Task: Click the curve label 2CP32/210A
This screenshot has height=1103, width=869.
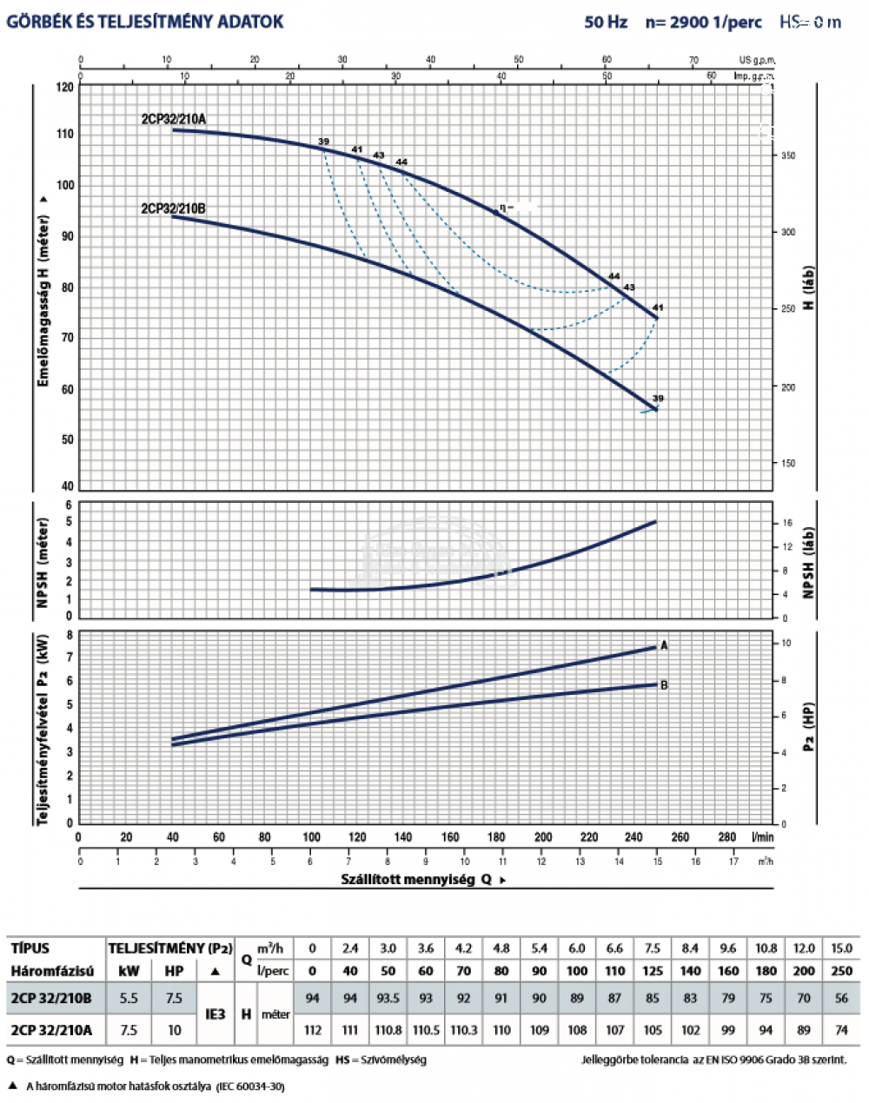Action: (x=174, y=119)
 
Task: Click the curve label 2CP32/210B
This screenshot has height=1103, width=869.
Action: (x=173, y=208)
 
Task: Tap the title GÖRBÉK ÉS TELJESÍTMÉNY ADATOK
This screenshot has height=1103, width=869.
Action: (x=145, y=22)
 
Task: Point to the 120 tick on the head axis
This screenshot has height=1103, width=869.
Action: (x=65, y=87)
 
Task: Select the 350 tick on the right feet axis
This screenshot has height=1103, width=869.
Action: (x=787, y=155)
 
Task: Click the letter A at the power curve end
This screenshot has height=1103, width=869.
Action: (x=665, y=645)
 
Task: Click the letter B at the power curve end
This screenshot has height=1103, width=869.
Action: (x=665, y=685)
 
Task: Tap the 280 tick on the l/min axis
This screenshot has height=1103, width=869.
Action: (x=727, y=837)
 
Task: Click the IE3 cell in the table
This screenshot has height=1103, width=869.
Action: (x=215, y=1014)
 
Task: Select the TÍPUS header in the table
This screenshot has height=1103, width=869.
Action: (x=30, y=948)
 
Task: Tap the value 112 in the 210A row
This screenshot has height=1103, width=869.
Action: (x=313, y=1030)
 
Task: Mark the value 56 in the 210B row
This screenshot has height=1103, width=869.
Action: (x=841, y=998)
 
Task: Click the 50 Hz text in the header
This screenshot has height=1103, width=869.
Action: (x=606, y=22)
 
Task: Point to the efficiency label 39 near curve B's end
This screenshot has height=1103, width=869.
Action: (x=658, y=399)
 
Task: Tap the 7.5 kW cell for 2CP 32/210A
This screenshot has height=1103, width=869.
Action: (x=129, y=1030)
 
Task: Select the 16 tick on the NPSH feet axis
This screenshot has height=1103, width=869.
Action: (x=787, y=523)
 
